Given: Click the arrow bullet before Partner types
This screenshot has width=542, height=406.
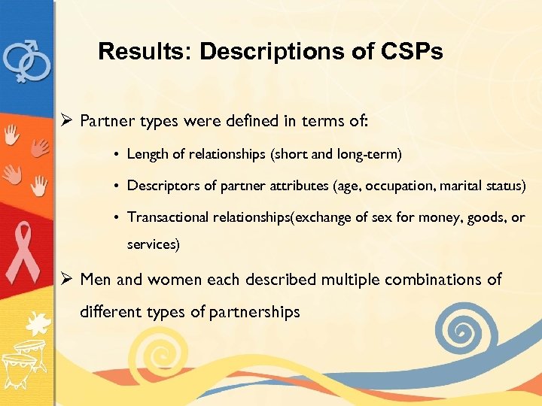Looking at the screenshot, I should [67, 120].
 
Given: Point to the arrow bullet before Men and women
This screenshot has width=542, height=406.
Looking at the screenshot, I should [67, 280].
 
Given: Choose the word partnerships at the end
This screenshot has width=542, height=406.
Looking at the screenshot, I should [255, 311].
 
